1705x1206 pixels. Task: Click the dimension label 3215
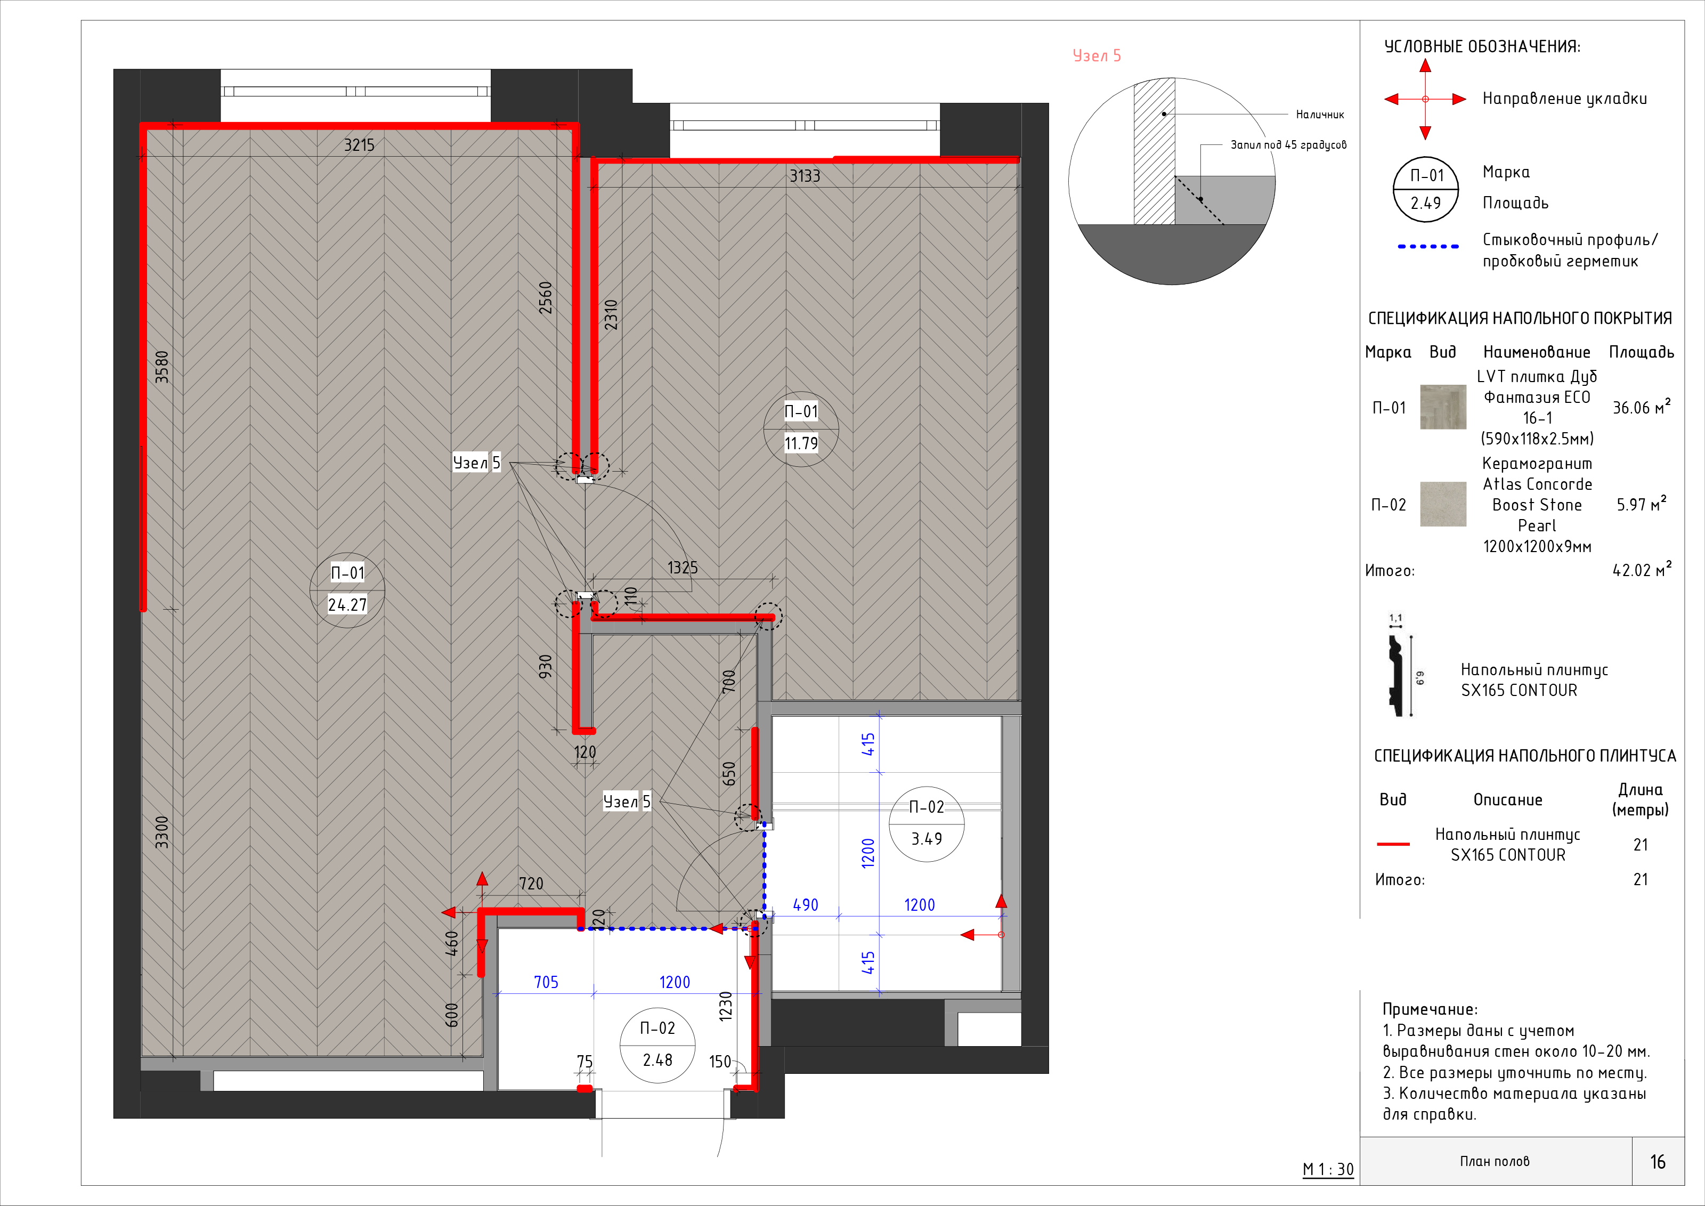click(x=360, y=145)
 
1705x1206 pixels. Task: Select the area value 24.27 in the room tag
click(x=347, y=604)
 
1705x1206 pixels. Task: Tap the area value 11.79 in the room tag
click(x=801, y=443)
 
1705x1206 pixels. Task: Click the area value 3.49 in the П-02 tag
click(x=927, y=838)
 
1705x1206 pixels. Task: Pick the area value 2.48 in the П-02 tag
click(x=658, y=1059)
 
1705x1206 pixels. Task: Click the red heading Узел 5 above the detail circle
click(x=1097, y=56)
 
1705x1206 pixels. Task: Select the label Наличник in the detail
click(x=1320, y=115)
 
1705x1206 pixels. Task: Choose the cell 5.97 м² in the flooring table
click(x=1641, y=504)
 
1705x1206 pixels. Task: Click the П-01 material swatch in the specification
click(x=1443, y=407)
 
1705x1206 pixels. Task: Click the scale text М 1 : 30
click(x=1328, y=1170)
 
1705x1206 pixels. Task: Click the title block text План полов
click(x=1495, y=1161)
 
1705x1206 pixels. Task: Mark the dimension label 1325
click(x=683, y=568)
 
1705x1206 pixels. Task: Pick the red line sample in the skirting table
click(x=1393, y=844)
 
